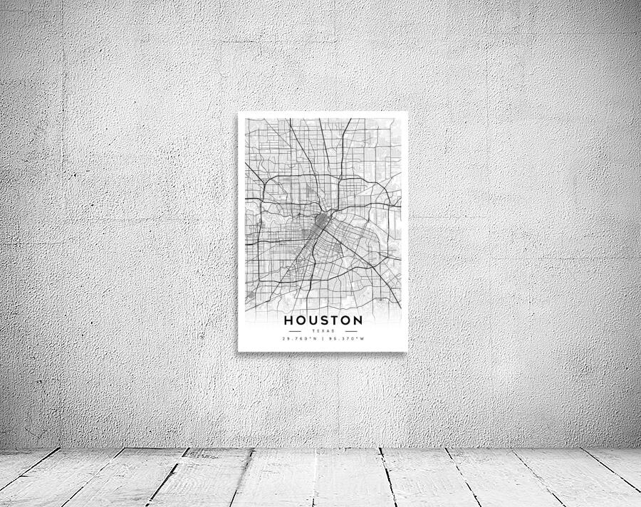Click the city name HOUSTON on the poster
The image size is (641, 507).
coord(323,320)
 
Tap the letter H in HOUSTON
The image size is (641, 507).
coord(289,320)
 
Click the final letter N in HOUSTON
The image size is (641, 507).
coord(358,320)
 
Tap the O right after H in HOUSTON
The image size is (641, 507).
coord(300,320)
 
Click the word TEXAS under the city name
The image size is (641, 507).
coord(323,330)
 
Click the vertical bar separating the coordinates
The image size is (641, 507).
coord(323,338)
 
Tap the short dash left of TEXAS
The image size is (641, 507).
coord(295,330)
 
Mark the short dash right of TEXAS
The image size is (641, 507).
coord(351,330)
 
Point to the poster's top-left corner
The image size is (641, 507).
coord(239,113)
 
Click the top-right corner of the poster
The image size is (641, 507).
coord(407,113)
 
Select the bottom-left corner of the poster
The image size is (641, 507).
coord(239,350)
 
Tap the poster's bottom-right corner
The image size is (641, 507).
coord(407,350)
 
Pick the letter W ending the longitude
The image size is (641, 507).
coord(363,338)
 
